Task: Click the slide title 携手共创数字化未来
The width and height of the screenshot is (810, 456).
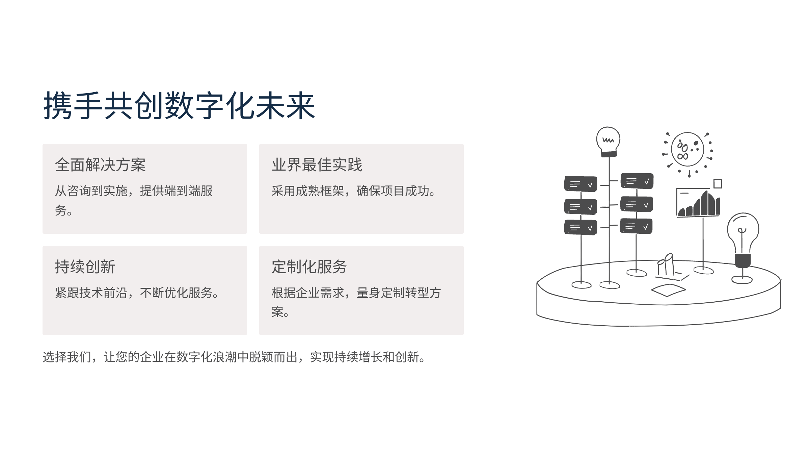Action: [179, 106]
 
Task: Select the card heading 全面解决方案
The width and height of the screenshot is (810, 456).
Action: [100, 165]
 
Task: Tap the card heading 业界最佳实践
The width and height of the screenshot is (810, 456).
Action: [317, 165]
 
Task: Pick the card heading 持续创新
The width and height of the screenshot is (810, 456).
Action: [85, 267]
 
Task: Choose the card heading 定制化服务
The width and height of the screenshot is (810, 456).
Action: [309, 267]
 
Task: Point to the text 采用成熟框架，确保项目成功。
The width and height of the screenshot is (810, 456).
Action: [353, 191]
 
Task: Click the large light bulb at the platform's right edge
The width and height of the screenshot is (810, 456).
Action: [743, 248]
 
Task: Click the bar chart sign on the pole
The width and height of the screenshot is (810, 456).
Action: [698, 203]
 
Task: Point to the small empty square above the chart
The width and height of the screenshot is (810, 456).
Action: [718, 184]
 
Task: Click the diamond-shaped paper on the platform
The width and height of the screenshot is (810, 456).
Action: [668, 290]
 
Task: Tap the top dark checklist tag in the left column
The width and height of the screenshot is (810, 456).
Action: [580, 184]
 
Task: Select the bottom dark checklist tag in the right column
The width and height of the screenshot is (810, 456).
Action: [636, 226]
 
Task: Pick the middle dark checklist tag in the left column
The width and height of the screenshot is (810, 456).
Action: [580, 207]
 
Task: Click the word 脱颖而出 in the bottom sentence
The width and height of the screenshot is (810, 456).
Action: [273, 357]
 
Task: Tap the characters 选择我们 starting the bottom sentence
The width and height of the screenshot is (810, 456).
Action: [67, 357]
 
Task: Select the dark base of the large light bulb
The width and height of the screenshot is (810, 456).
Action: [743, 260]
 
